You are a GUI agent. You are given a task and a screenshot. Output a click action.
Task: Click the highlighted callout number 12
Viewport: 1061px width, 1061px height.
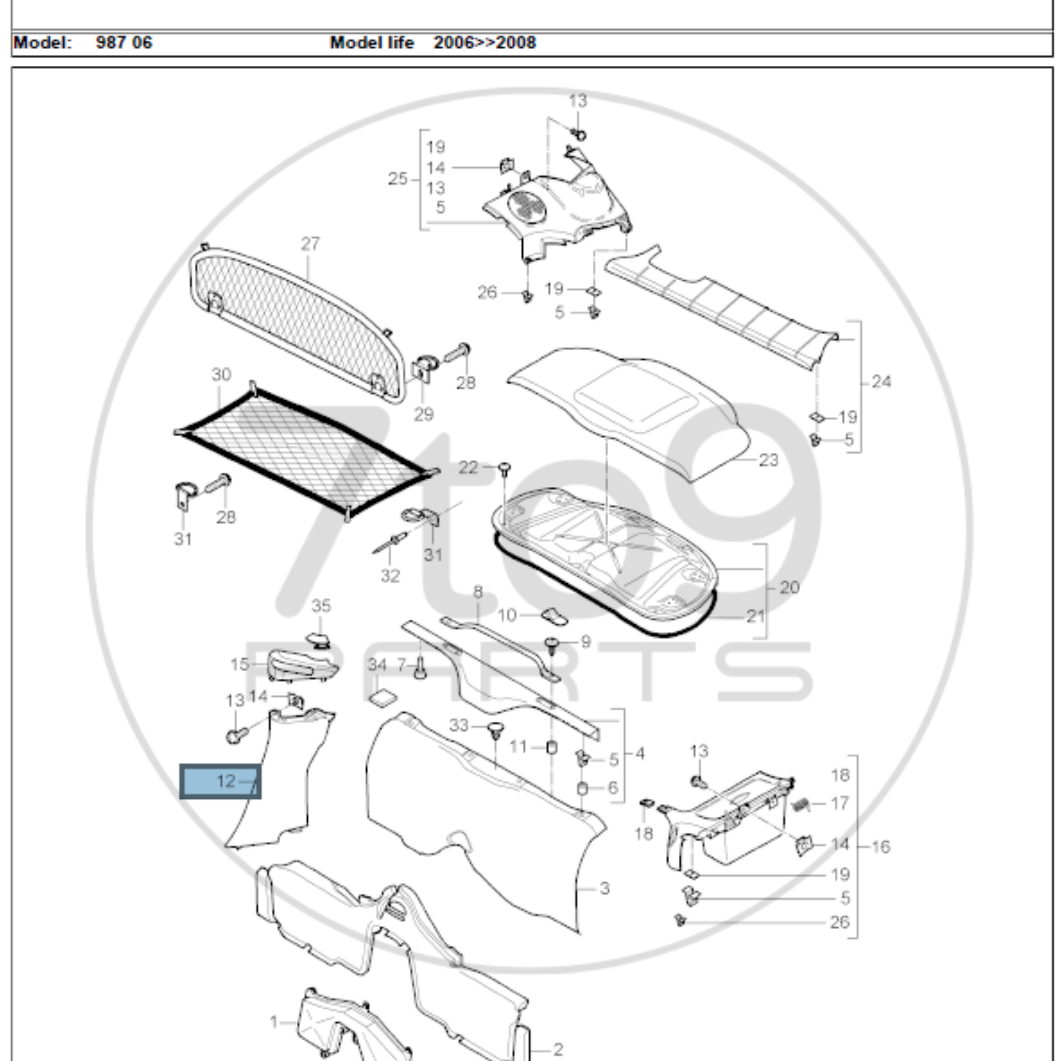[226, 781]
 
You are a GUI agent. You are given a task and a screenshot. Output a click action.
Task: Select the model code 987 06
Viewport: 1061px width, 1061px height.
[124, 43]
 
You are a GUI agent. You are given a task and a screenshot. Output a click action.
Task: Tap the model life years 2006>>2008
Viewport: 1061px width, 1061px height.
[484, 43]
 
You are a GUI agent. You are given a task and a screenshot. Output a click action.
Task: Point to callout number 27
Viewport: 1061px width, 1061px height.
[310, 243]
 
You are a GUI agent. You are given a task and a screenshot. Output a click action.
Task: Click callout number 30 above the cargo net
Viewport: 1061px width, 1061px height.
[221, 375]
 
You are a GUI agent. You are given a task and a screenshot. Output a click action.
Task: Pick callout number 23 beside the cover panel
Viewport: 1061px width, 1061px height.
[768, 460]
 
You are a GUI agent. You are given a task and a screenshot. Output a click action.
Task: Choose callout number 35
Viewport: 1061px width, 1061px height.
[321, 606]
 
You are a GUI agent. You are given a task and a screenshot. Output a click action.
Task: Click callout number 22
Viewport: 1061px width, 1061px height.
[468, 467]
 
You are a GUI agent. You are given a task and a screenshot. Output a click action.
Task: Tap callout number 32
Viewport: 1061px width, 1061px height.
[390, 576]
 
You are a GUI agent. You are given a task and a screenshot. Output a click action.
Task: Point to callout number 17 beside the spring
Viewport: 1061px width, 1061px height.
[840, 804]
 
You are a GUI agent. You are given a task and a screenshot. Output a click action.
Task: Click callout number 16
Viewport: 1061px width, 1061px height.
[880, 847]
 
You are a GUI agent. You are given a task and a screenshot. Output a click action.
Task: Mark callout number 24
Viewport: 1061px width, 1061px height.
[881, 381]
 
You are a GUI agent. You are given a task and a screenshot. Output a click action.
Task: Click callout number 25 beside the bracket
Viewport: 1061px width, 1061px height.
[397, 179]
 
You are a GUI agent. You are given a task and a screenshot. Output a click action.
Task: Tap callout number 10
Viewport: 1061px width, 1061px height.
[506, 615]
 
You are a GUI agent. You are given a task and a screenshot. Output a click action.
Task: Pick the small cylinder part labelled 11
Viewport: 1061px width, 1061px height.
[552, 748]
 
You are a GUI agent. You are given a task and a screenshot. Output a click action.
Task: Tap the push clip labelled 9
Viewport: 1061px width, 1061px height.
[552, 643]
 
